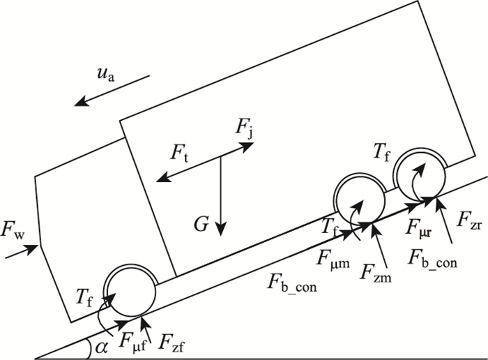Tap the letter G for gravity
tap(201, 224)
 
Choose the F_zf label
tap(171, 342)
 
